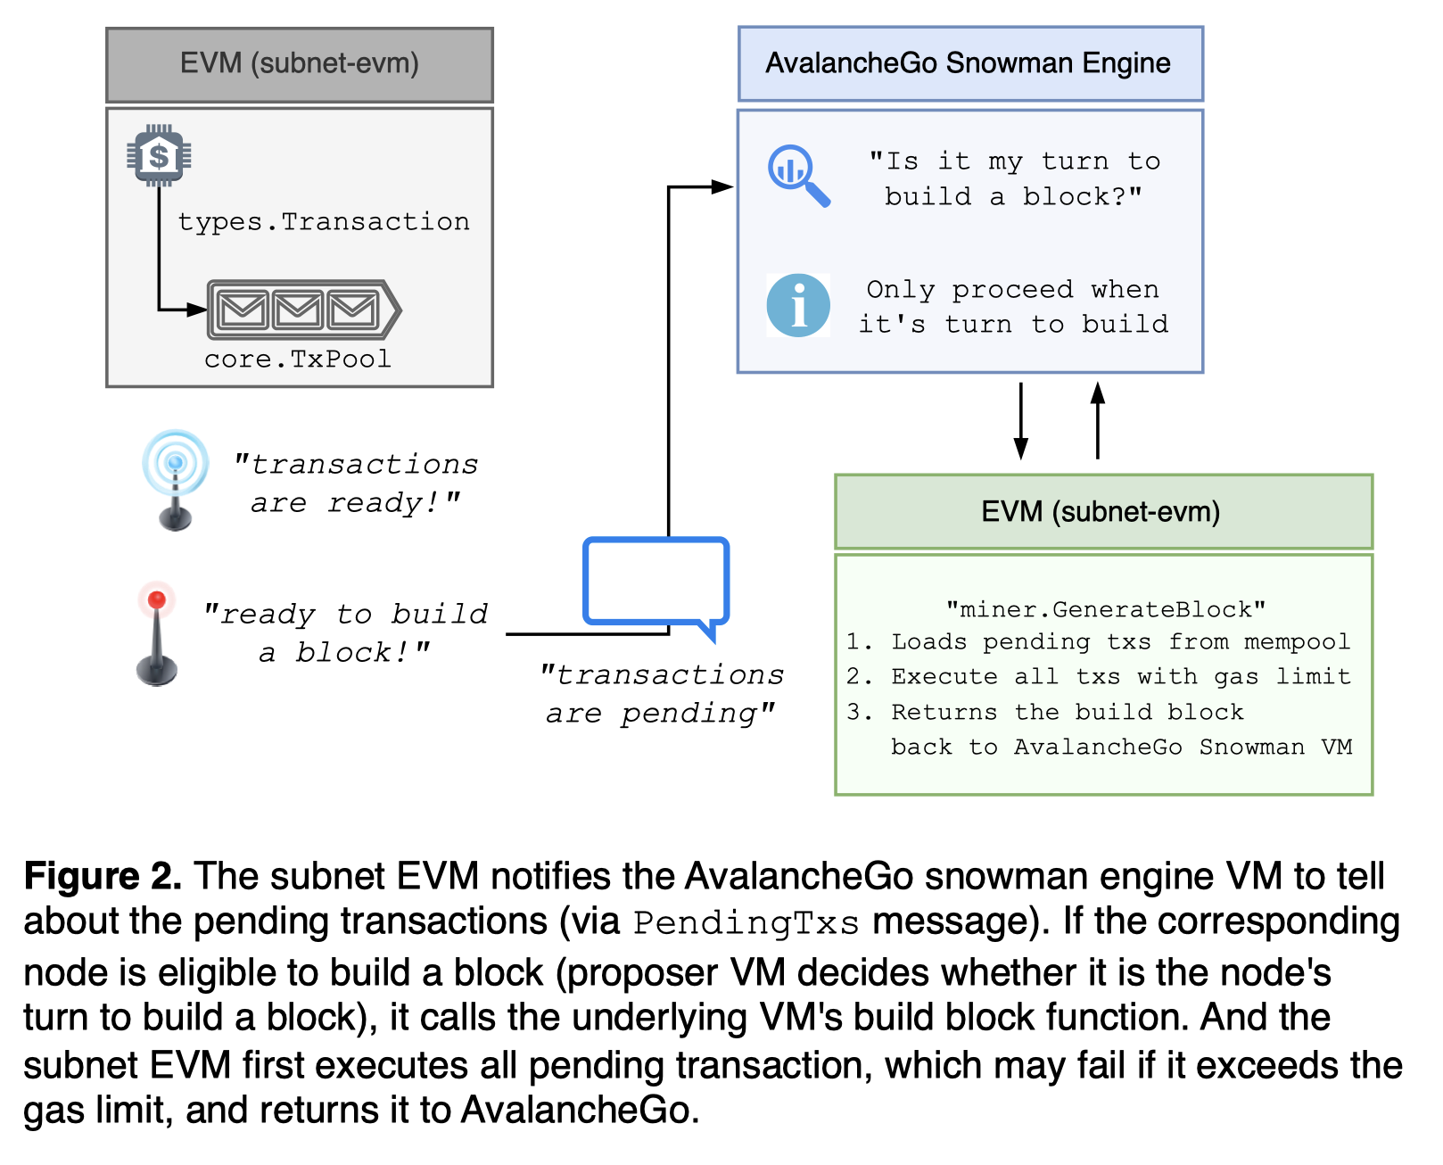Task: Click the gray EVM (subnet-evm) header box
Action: tap(300, 64)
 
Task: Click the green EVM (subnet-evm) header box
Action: tap(1103, 511)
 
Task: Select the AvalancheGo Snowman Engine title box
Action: tap(970, 63)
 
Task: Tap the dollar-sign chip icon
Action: tap(159, 156)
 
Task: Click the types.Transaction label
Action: tap(324, 221)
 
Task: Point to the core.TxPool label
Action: tap(298, 359)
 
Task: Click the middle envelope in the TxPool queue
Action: tap(298, 310)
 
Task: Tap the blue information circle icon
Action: tap(798, 305)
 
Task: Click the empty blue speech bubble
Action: tap(656, 582)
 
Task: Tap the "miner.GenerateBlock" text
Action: tap(1106, 609)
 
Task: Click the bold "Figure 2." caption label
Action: tap(103, 876)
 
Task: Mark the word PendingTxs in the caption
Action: tap(746, 922)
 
